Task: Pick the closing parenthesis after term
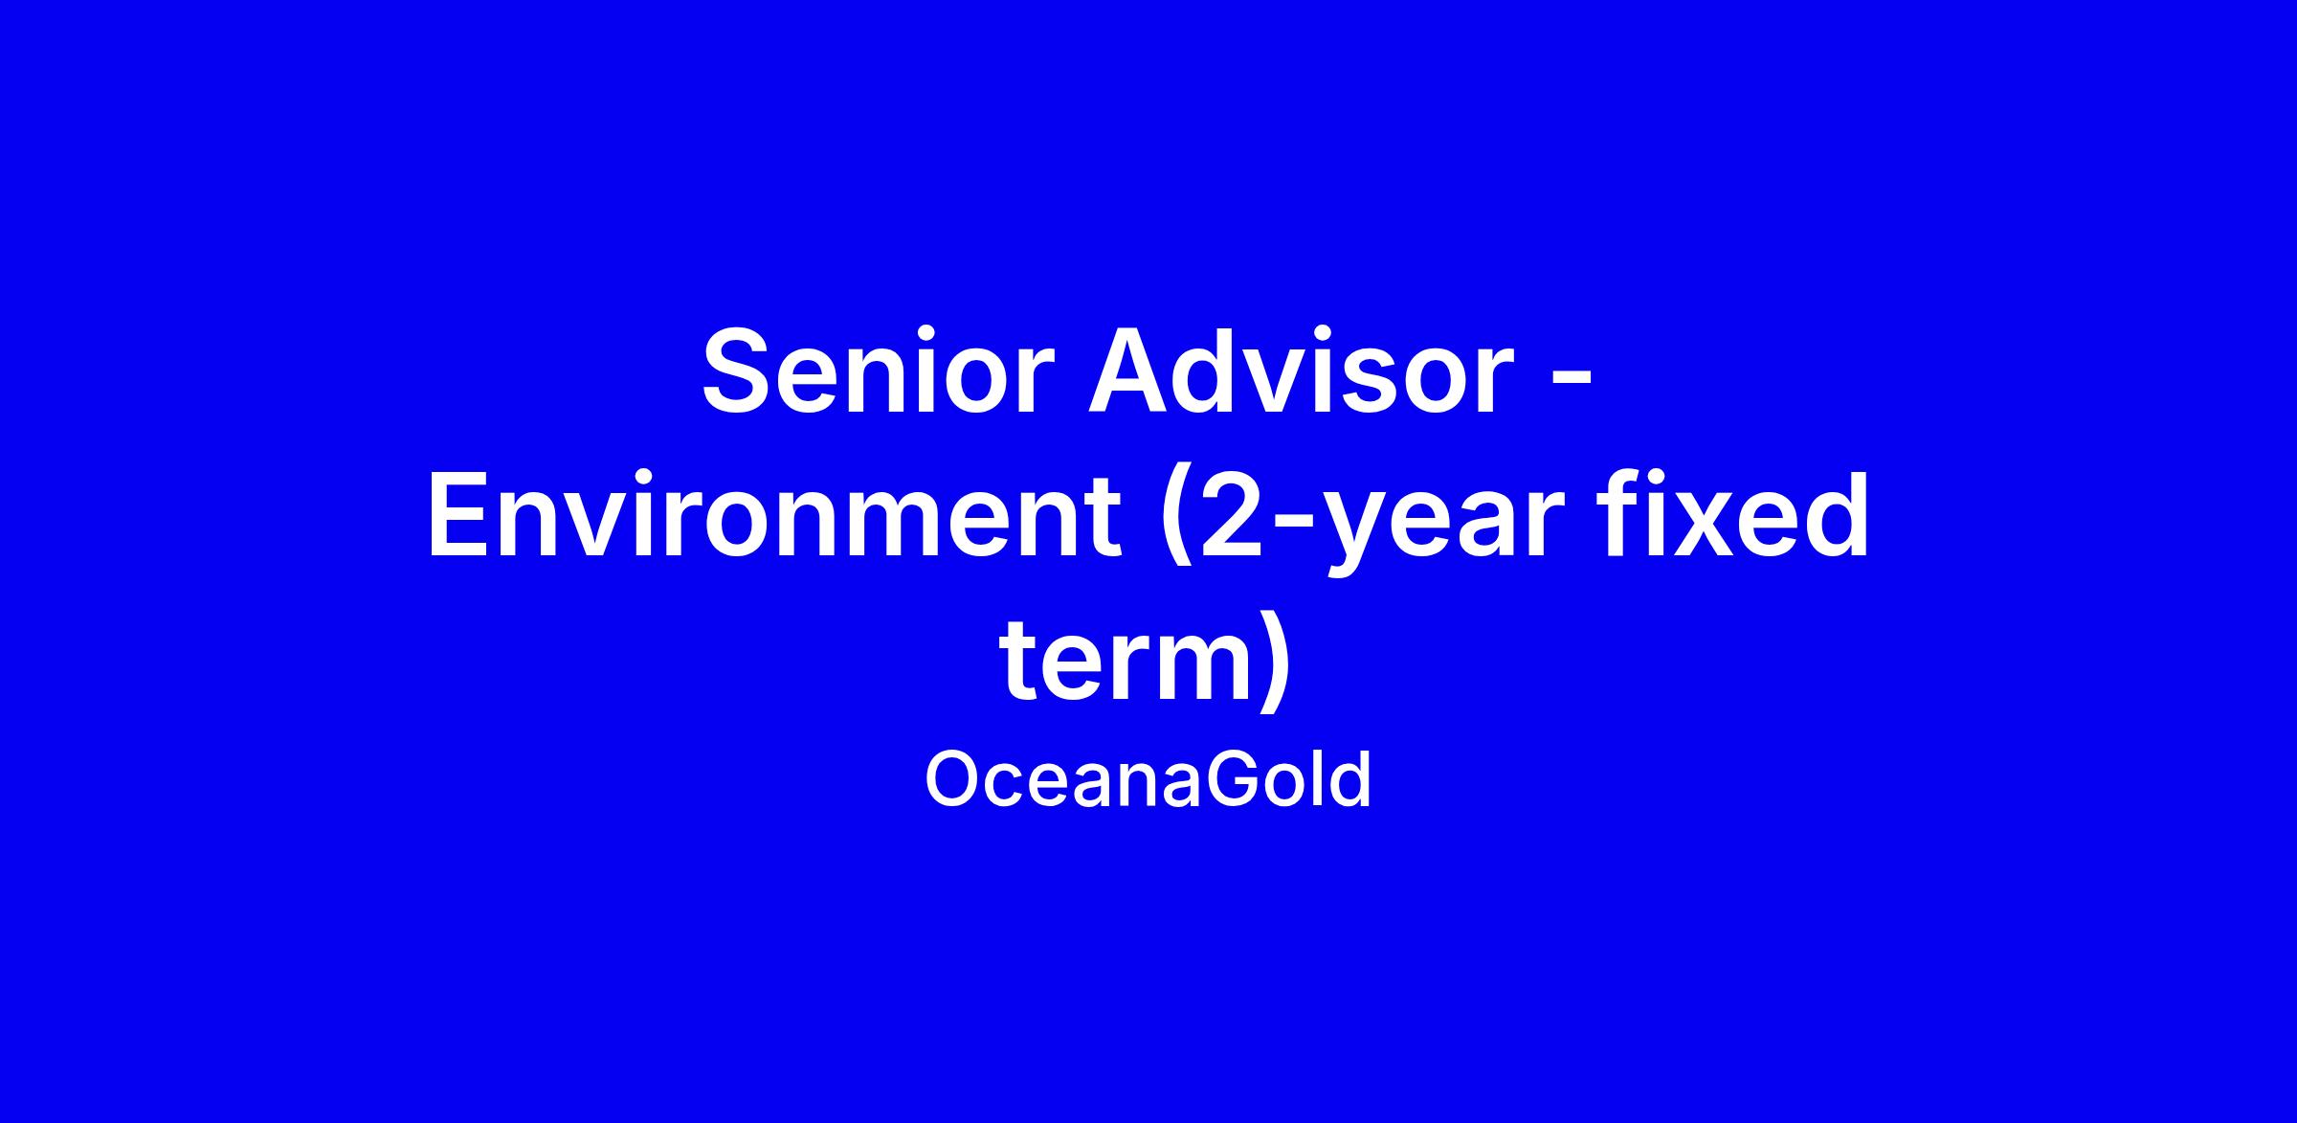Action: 1278,662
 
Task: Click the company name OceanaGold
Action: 1148,780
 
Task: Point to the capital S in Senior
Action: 740,372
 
